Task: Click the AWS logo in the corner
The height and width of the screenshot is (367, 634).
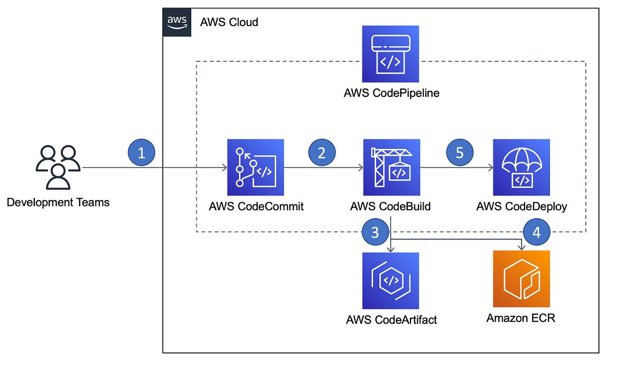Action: (176, 22)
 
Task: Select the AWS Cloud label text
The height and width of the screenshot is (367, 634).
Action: (229, 22)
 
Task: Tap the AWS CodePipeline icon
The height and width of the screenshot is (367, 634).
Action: (390, 53)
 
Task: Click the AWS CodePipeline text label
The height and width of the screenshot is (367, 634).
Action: (391, 93)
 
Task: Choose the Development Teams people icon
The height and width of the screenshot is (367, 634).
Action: (58, 167)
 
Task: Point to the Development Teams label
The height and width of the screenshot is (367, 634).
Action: (58, 202)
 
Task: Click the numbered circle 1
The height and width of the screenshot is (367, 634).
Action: (141, 153)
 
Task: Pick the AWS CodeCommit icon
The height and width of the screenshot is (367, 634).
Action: (256, 167)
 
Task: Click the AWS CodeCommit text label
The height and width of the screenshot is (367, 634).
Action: (256, 206)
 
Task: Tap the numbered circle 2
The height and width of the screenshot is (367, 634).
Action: (322, 153)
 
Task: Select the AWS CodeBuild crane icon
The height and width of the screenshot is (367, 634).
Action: (391, 167)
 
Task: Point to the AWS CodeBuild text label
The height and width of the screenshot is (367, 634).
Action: (390, 206)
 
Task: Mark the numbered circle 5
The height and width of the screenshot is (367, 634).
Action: (460, 153)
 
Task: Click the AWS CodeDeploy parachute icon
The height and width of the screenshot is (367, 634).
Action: (521, 167)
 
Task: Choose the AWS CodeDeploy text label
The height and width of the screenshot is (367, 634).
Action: (521, 206)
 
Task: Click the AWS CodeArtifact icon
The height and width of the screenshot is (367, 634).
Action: (390, 280)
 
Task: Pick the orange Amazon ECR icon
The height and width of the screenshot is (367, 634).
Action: (521, 279)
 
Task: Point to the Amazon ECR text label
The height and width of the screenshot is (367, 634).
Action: (521, 318)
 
